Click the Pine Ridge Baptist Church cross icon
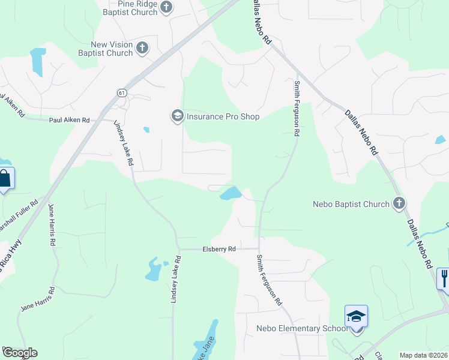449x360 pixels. click(x=166, y=7)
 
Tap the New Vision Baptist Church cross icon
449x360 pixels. click(x=142, y=48)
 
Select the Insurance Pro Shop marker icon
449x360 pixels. click(x=177, y=116)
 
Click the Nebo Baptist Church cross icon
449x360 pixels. click(x=399, y=204)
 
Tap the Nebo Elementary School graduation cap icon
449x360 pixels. click(x=356, y=316)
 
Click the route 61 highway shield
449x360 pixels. click(x=121, y=92)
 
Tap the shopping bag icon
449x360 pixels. click(x=5, y=179)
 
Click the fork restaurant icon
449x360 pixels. click(x=444, y=278)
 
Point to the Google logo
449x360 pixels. click(x=19, y=353)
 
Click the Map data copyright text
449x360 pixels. click(x=424, y=355)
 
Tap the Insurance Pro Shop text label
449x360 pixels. click(x=223, y=116)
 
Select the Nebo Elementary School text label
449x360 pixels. click(x=302, y=328)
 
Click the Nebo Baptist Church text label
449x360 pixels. click(x=351, y=204)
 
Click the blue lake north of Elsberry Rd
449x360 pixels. click(x=231, y=193)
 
